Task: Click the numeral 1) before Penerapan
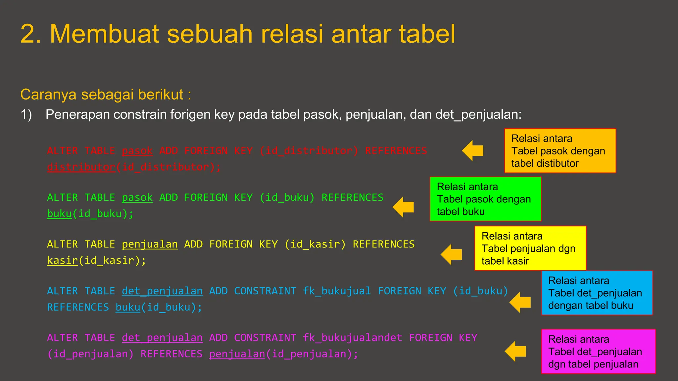tap(26, 114)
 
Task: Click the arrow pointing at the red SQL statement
tap(473, 150)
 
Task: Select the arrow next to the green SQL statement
tap(404, 207)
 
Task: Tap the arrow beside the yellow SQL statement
tap(452, 254)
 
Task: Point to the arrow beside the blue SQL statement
tap(520, 302)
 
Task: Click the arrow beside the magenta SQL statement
tap(516, 351)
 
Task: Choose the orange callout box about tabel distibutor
tap(560, 151)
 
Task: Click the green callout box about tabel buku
tap(485, 199)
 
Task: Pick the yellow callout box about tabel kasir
tap(530, 248)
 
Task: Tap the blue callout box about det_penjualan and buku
tap(597, 293)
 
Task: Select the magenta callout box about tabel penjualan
tap(598, 352)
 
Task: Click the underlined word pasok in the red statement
tap(137, 151)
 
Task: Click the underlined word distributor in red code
tap(81, 167)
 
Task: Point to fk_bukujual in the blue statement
tap(337, 291)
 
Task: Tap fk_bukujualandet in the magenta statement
tap(352, 338)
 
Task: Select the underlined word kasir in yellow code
tap(62, 261)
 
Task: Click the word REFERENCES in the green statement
tap(353, 198)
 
